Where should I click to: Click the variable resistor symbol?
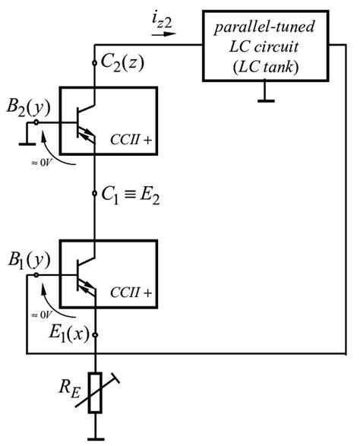[94, 393]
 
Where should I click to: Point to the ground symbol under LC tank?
[265, 94]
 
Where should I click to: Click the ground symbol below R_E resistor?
[94, 436]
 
